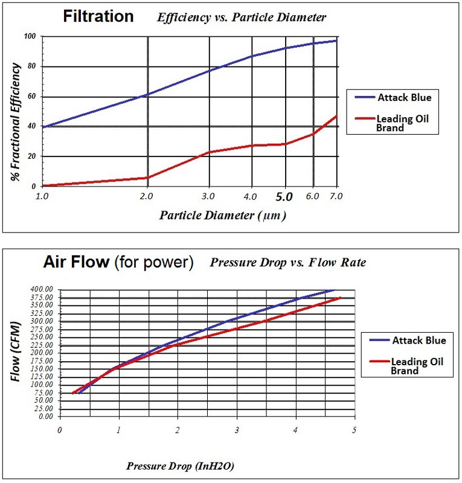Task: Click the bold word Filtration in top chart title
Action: pos(98,16)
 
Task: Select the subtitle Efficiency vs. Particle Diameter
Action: pos(242,18)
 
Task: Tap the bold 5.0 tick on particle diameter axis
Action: pos(284,197)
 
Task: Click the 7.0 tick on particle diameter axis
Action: pos(336,196)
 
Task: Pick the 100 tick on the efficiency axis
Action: pos(30,37)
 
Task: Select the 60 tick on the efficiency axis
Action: pos(32,97)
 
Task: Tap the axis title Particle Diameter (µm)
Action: pos(223,215)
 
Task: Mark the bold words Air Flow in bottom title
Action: pos(76,262)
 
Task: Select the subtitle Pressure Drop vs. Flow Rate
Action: pos(287,263)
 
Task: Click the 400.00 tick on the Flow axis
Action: pos(41,289)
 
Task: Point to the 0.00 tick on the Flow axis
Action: pos(45,416)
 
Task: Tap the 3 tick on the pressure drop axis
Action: pos(237,430)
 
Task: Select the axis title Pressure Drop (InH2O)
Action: pos(181,466)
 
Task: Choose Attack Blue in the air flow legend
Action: pos(419,341)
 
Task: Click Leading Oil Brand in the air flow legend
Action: pos(417,366)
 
